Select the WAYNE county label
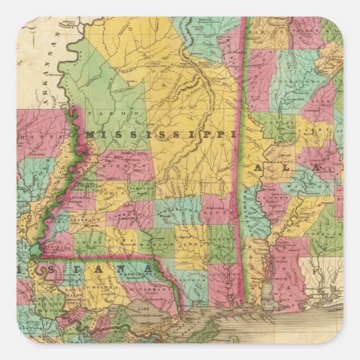click(215, 211)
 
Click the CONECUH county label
click(325, 226)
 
